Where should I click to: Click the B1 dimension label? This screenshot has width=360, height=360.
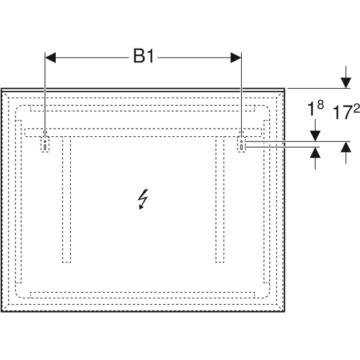144,57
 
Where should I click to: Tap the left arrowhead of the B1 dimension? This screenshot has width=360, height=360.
50,58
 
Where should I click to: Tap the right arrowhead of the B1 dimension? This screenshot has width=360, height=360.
236,58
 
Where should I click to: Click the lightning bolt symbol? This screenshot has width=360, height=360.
143,199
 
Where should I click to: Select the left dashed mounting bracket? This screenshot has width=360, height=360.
46,144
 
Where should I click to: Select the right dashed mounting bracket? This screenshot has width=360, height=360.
241,144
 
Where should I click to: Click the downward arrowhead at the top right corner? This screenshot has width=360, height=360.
346,83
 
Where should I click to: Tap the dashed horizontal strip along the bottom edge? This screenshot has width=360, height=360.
144,295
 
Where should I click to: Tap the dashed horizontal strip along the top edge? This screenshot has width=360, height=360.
144,109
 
